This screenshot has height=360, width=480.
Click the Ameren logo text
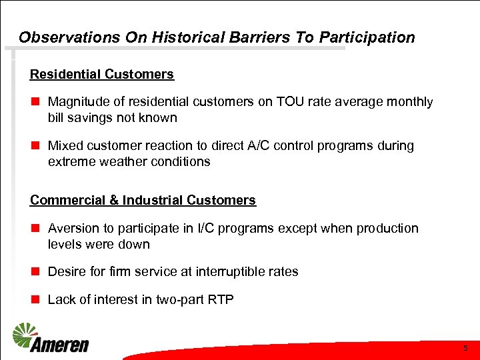59,345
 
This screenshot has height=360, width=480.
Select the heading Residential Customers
102,75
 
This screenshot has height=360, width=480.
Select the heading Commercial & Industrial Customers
143,200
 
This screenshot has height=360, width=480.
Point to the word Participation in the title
367,38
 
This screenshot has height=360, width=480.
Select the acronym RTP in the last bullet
221,299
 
